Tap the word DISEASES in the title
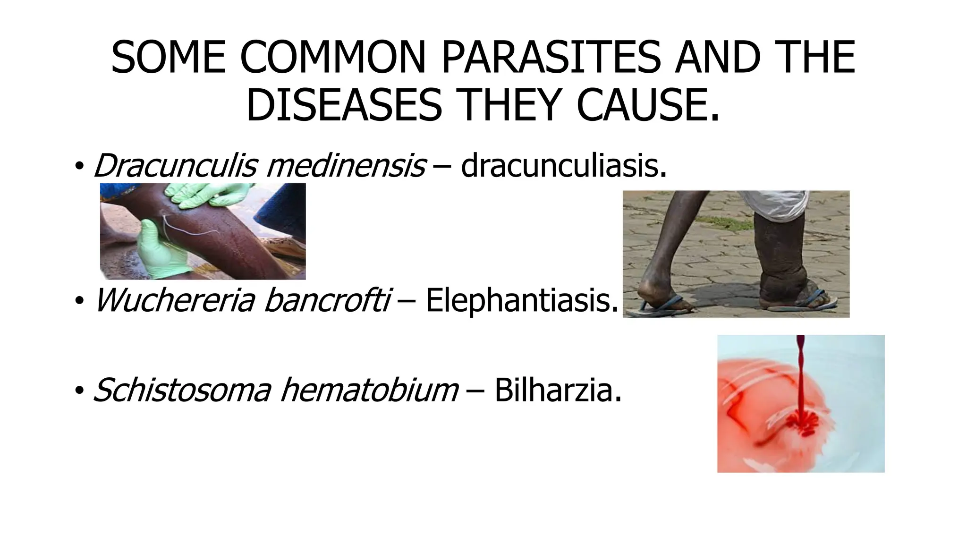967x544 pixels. (x=344, y=105)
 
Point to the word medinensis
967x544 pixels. (x=346, y=165)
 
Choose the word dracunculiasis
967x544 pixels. (x=564, y=165)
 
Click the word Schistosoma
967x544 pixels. (x=182, y=390)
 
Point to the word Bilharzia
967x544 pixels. (x=558, y=390)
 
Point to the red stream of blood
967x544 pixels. (x=800, y=378)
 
